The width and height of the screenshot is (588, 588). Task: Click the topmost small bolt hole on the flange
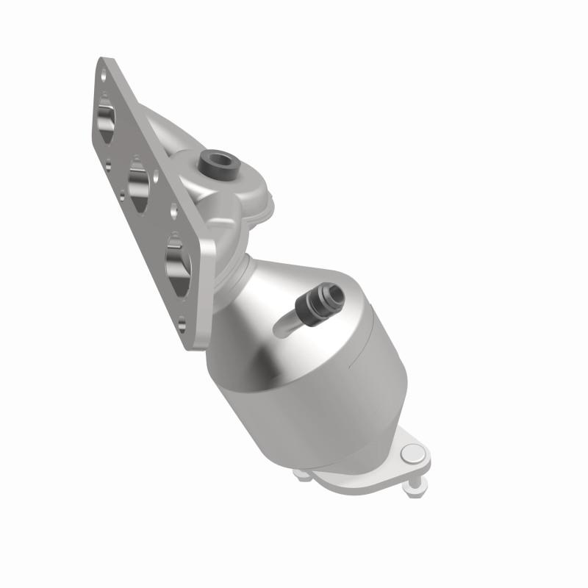tap(105, 76)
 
